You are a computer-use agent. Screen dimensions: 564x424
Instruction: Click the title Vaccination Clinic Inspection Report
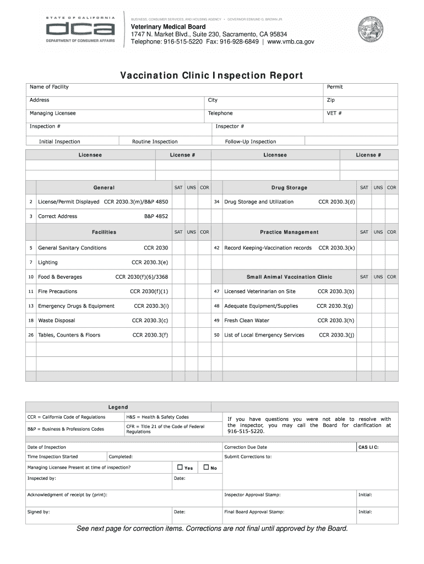211,75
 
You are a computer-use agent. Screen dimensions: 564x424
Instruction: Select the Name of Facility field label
49,87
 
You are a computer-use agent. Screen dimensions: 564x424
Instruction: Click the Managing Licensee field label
53,113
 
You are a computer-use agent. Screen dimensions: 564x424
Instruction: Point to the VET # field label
334,113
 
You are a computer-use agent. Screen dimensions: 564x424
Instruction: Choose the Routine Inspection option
155,142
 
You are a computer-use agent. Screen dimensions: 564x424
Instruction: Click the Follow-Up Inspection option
251,142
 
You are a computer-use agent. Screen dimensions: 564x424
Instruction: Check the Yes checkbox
180,468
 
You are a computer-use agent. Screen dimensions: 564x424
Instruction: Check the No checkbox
206,468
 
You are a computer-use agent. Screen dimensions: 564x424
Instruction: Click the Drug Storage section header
289,188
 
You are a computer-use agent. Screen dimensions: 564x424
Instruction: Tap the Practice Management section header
289,232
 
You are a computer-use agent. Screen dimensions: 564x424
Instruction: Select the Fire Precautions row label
58,291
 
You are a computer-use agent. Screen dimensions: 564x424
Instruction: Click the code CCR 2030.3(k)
336,248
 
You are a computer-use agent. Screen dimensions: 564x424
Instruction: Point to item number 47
217,291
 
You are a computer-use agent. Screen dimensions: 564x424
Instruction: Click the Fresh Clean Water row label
247,321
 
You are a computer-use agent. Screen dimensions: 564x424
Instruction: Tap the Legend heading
118,408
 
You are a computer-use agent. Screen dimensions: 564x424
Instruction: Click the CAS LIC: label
368,447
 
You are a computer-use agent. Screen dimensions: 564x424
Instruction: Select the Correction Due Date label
246,447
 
